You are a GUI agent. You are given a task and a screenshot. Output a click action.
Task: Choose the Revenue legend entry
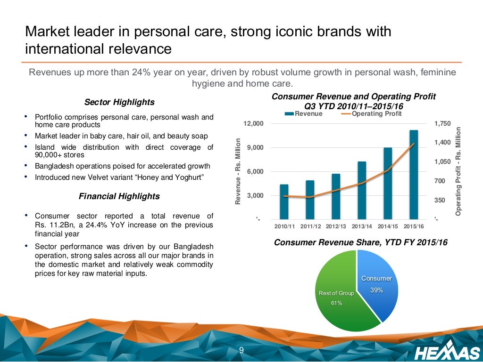(x=304, y=114)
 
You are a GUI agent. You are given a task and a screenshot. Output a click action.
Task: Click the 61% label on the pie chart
(x=336, y=303)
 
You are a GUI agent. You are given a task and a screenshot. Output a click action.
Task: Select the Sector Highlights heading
(x=119, y=102)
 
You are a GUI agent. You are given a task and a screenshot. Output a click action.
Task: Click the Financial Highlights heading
(x=119, y=196)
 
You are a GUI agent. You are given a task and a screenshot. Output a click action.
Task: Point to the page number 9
(x=241, y=350)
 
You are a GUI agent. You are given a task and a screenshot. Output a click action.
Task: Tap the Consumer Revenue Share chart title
(x=361, y=243)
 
